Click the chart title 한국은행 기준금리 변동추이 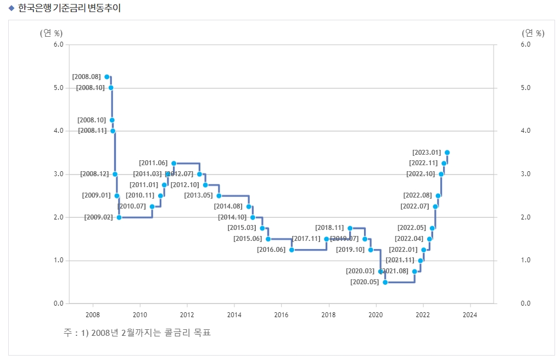click(x=70, y=8)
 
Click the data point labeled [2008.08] click(x=107, y=77)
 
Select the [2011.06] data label click(x=153, y=163)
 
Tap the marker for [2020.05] click(x=385, y=282)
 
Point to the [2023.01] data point click(x=447, y=153)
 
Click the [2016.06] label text click(x=271, y=250)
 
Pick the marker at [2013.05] click(x=219, y=196)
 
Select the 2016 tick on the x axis click(x=281, y=315)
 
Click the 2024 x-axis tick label click(x=470, y=315)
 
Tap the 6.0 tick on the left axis click(x=59, y=44)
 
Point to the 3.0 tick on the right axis click(x=525, y=174)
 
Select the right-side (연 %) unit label click(x=533, y=33)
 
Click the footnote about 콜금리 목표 click(x=137, y=333)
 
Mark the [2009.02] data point click(x=119, y=217)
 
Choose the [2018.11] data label click(x=329, y=228)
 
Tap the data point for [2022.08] click(x=438, y=196)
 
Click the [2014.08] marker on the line click(x=249, y=207)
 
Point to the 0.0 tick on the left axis click(x=59, y=303)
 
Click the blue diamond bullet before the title click(x=11, y=8)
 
